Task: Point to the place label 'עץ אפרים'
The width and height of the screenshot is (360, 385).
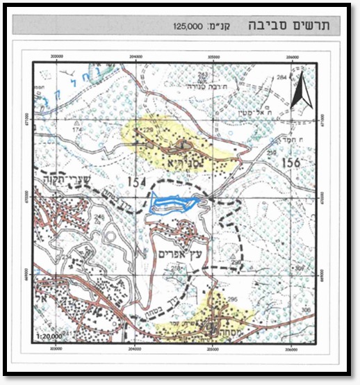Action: coord(180,246)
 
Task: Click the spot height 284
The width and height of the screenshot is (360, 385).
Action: coord(281,78)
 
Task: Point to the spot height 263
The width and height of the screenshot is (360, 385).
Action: coord(203,74)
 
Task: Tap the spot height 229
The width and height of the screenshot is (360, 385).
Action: coord(147,130)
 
